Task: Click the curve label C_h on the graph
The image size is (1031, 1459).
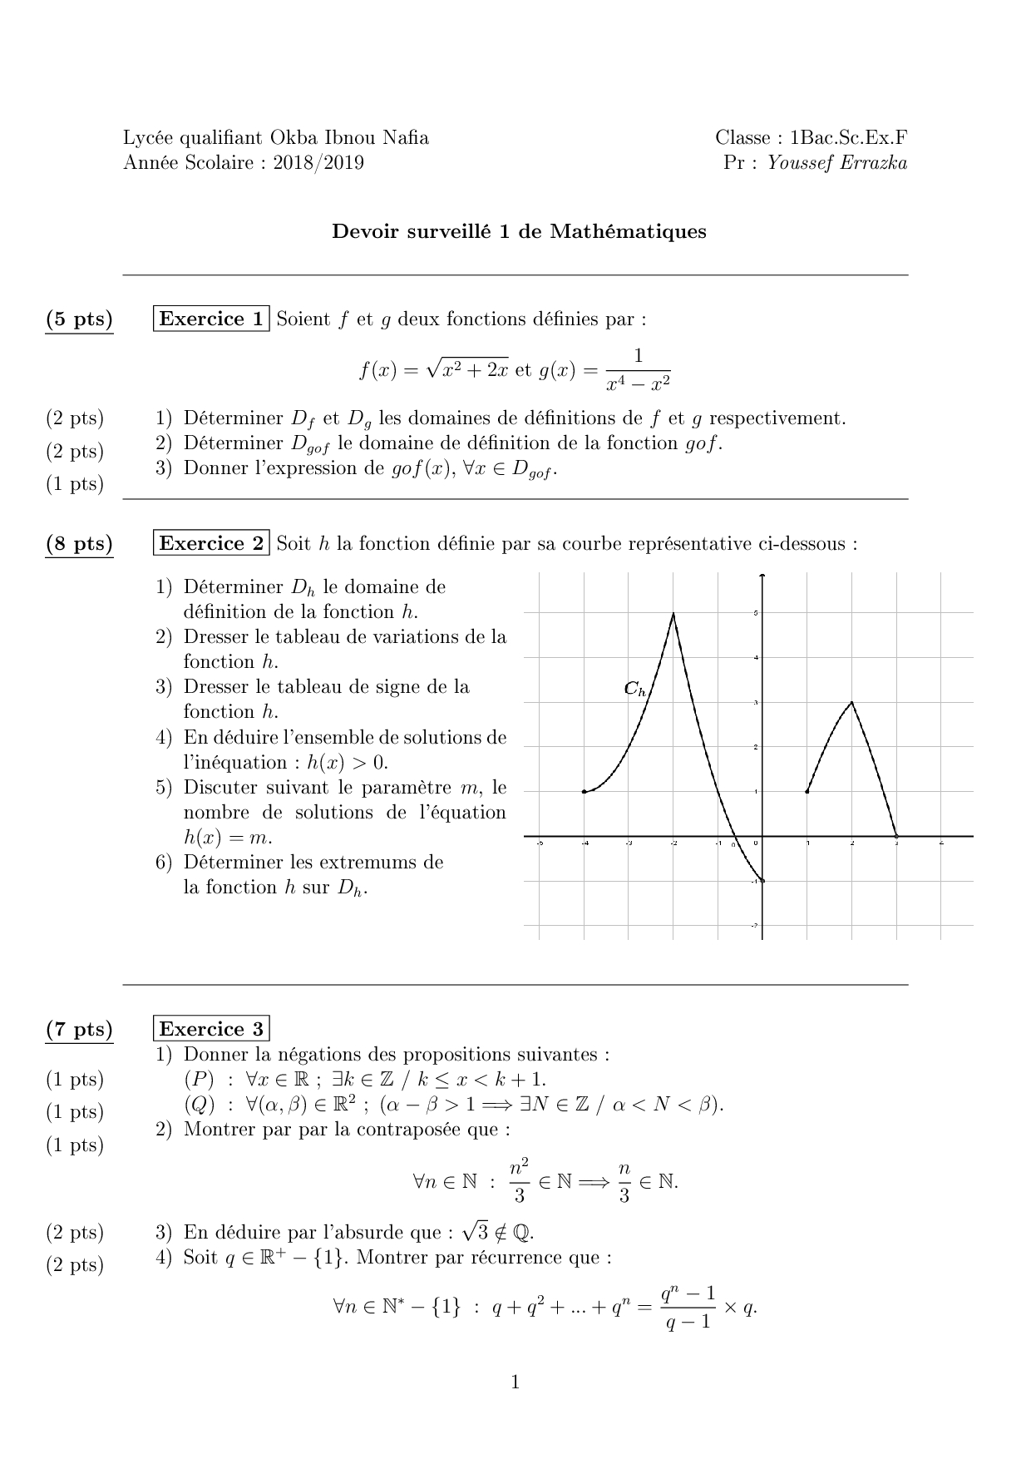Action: coord(635,689)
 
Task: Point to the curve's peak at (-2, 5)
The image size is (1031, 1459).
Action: coord(673,614)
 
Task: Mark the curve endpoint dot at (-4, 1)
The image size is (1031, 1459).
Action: coord(585,791)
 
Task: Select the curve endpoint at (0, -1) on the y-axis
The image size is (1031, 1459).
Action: coord(762,880)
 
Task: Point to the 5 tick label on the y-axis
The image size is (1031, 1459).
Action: coord(755,614)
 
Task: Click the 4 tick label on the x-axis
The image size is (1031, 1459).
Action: coord(941,843)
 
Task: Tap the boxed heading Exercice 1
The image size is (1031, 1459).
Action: coord(211,319)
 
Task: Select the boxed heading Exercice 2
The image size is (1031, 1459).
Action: coord(211,543)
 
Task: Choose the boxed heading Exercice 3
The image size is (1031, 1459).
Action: coord(211,1029)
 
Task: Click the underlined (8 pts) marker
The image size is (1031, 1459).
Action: coord(79,544)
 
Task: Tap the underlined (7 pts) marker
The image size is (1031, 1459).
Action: coord(79,1030)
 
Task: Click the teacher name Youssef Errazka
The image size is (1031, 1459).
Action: coord(836,162)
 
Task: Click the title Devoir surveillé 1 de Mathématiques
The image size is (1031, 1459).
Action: coord(519,231)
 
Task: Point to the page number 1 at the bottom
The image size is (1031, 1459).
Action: coord(515,1382)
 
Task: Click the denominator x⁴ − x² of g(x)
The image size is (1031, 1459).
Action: coord(638,383)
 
